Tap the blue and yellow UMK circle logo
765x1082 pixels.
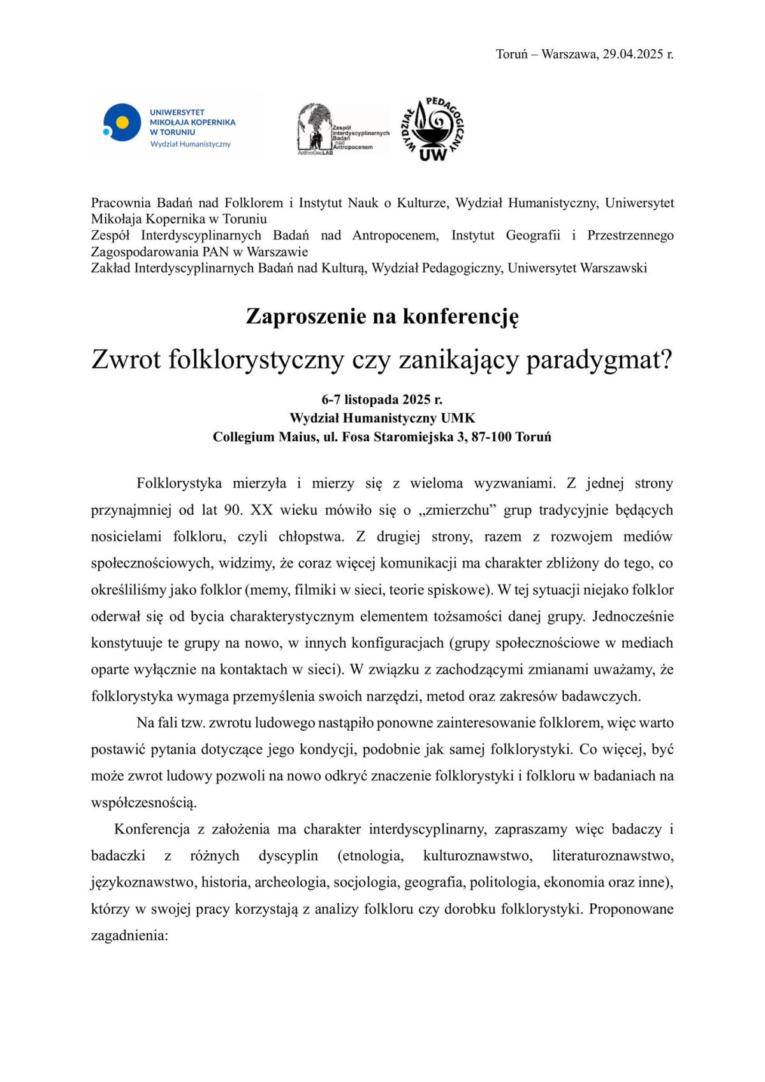(122, 122)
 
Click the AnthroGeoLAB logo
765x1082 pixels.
(343, 129)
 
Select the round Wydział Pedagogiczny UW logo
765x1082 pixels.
(433, 128)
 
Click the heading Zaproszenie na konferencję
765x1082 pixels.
(382, 316)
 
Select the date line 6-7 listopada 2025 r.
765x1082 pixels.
(382, 400)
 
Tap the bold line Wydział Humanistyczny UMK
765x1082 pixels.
(382, 418)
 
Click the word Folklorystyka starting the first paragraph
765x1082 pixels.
(179, 483)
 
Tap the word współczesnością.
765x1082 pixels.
(144, 802)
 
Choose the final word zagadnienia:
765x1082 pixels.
(129, 935)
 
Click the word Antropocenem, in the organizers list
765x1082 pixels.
(395, 235)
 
